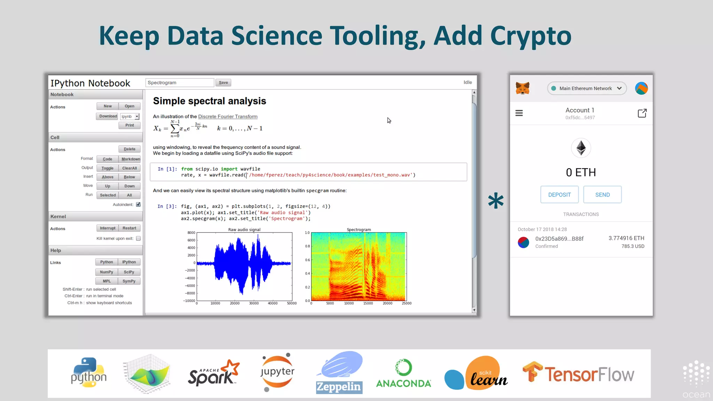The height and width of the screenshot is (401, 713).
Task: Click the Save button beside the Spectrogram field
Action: [223, 82]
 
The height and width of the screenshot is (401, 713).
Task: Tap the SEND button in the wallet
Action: [602, 195]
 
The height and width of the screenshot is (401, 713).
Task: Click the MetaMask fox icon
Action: [523, 88]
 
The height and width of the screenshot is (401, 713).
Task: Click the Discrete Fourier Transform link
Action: [228, 117]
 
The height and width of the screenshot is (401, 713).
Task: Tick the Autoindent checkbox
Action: [138, 204]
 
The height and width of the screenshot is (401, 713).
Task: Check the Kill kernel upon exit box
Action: [138, 238]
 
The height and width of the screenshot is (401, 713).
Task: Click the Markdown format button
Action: [131, 159]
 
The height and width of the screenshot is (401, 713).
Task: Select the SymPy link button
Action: [129, 281]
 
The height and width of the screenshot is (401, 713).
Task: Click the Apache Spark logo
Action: [213, 373]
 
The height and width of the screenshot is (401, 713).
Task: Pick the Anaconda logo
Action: [403, 374]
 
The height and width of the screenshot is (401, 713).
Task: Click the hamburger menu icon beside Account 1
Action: [519, 113]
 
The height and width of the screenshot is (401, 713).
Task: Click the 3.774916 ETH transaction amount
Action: [626, 238]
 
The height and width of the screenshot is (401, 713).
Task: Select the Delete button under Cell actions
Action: [130, 149]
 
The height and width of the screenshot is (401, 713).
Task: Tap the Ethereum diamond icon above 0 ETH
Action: [581, 148]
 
